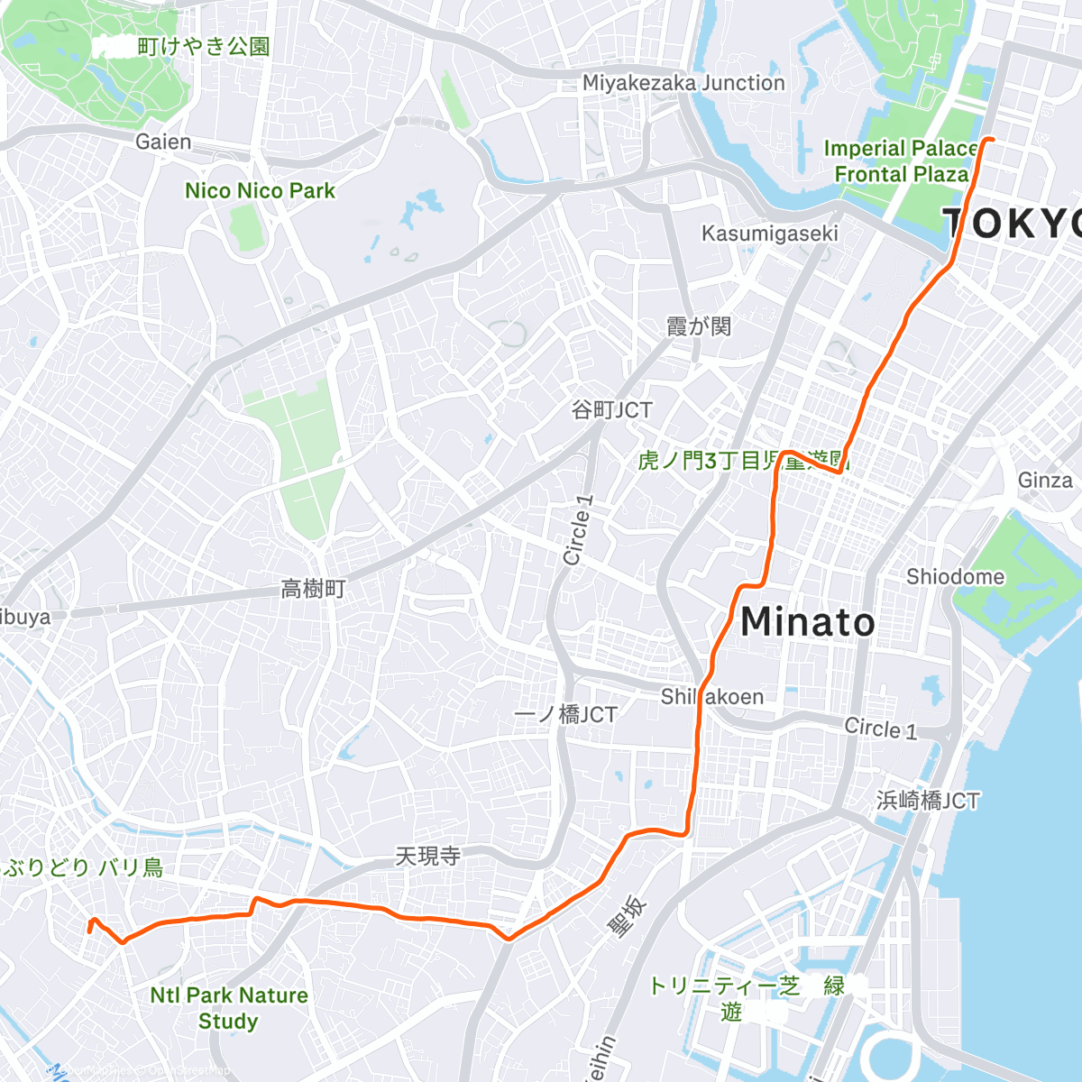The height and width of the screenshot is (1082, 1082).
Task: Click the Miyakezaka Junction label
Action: pyautogui.click(x=683, y=83)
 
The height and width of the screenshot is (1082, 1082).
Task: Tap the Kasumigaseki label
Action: pyautogui.click(x=769, y=234)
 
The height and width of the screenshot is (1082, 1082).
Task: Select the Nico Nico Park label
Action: pyautogui.click(x=260, y=191)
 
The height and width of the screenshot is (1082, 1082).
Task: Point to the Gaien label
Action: pyautogui.click(x=163, y=142)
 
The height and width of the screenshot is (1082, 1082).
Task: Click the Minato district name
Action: pyautogui.click(x=807, y=622)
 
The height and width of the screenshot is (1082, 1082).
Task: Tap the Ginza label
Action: pyautogui.click(x=1045, y=480)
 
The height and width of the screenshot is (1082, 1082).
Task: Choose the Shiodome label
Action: pyautogui.click(x=955, y=576)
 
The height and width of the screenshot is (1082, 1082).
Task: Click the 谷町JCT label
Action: pyautogui.click(x=611, y=410)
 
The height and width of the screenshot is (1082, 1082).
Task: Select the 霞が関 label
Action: pyautogui.click(x=698, y=326)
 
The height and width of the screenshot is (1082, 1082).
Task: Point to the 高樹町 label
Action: pyautogui.click(x=313, y=590)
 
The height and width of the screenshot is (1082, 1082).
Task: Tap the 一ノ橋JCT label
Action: pyautogui.click(x=565, y=715)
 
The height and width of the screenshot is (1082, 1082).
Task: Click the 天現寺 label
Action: pyautogui.click(x=427, y=856)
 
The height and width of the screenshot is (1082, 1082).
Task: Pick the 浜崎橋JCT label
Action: pyautogui.click(x=928, y=801)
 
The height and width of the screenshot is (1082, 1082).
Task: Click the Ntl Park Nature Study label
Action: pyautogui.click(x=229, y=1008)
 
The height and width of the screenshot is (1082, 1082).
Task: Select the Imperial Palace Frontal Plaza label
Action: pyautogui.click(x=900, y=160)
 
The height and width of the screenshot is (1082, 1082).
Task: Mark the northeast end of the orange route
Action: pyautogui.click(x=992, y=140)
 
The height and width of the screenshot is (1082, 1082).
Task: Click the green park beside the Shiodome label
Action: pyautogui.click(x=1023, y=577)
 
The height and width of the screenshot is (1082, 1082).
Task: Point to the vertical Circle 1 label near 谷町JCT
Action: pyautogui.click(x=578, y=530)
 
